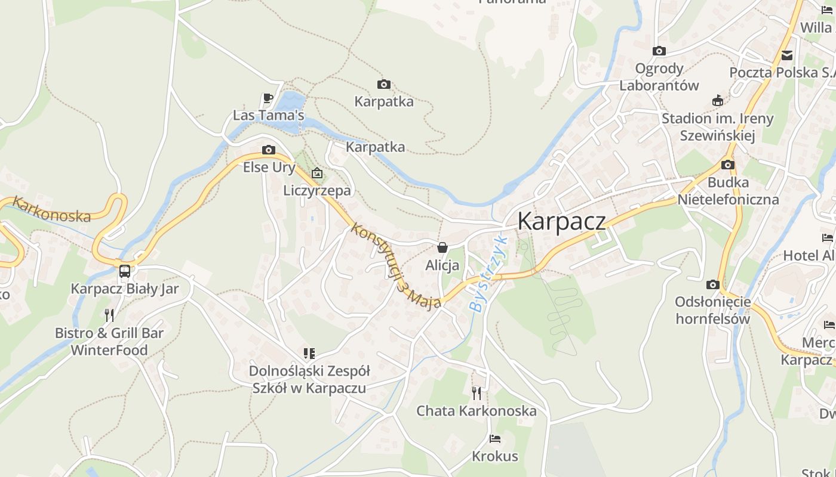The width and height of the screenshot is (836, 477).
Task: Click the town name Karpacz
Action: [561, 221]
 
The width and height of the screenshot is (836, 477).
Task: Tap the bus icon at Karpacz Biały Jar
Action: [125, 271]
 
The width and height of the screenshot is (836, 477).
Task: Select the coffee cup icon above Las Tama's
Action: [268, 98]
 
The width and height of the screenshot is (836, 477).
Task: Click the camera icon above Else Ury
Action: [269, 150]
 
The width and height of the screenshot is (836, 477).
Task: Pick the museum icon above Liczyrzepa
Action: [317, 174]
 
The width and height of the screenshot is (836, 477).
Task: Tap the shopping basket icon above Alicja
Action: [442, 247]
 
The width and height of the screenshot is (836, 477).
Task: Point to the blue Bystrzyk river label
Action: [488, 274]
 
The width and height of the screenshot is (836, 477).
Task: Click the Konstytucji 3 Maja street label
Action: [396, 265]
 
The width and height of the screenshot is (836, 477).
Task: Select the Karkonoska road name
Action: [51, 209]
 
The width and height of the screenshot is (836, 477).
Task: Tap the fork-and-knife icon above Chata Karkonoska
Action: [476, 393]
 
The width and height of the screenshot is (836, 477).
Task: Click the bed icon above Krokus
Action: [495, 439]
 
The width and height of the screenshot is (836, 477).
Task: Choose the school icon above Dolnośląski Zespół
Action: [309, 354]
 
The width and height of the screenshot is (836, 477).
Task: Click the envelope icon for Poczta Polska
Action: [787, 55]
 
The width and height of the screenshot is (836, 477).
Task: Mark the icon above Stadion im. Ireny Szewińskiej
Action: [718, 101]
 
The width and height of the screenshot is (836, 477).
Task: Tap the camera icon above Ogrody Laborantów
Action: [659, 51]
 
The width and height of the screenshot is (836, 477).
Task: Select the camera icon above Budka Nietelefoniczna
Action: [727, 165]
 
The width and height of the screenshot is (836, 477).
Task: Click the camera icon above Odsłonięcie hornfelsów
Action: [712, 285]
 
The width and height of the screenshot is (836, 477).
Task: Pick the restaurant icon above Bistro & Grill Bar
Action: [109, 315]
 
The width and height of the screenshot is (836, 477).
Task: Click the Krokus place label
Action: [495, 456]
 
